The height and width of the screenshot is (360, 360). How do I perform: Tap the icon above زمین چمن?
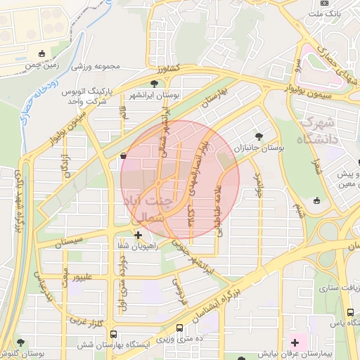(x=42, y=53)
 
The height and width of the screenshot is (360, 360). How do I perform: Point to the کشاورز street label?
(x=169, y=69)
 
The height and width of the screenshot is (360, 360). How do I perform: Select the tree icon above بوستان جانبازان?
(x=259, y=136)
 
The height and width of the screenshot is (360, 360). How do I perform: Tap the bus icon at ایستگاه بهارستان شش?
(x=181, y=328)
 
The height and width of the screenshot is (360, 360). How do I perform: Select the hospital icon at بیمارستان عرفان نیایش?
(x=294, y=342)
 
